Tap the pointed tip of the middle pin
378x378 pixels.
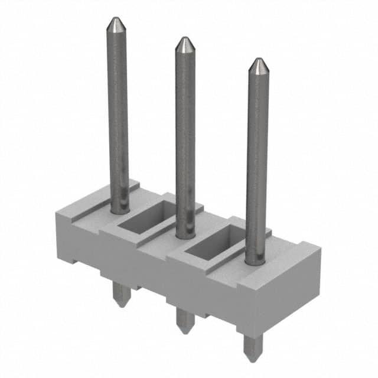coord(185,41)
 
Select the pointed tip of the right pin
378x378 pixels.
coord(258,62)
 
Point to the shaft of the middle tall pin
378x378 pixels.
coord(185,136)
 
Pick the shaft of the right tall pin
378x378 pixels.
coord(257,159)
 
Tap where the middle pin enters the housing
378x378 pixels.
coord(186,234)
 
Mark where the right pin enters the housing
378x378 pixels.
coord(256,260)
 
